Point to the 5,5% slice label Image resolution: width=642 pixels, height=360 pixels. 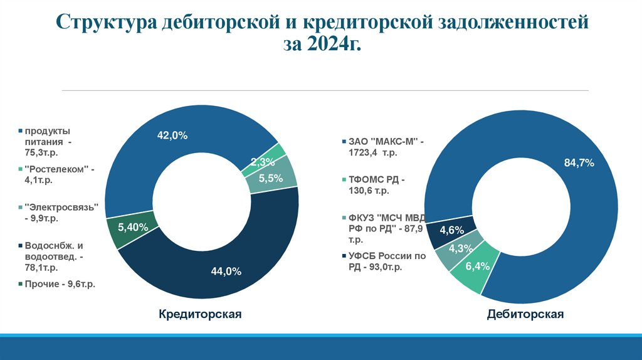270,178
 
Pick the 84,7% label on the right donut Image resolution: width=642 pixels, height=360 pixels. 579,163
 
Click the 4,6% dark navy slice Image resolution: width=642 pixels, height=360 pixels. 451,230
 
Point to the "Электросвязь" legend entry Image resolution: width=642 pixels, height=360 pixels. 60,213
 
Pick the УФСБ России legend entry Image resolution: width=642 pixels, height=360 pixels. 384,261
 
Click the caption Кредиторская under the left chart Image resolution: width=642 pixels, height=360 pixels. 200,314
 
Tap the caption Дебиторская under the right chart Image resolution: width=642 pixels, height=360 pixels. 525,314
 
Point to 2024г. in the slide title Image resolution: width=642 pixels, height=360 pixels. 335,45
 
